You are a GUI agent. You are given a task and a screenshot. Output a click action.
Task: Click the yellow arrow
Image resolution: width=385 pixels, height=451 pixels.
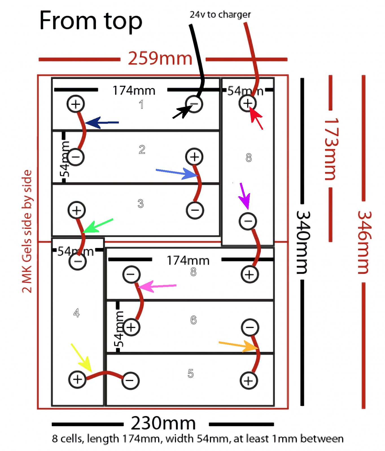coord(82,358)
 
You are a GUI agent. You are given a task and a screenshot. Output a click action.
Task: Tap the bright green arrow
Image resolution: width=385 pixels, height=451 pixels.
coord(97,225)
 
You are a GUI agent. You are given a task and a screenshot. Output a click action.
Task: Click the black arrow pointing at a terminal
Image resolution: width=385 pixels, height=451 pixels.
coord(182,112)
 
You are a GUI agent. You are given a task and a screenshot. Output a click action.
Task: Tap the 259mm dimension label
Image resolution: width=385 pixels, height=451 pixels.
coord(160,59)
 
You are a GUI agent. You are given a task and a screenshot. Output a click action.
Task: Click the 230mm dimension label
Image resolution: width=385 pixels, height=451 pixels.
coord(163,423)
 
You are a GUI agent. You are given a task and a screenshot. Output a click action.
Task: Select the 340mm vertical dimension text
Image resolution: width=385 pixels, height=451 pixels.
coord(303,242)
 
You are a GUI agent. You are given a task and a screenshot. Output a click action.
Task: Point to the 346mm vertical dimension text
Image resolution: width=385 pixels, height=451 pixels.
coord(364,242)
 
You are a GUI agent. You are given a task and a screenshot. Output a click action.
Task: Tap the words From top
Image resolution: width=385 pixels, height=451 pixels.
coord(91,21)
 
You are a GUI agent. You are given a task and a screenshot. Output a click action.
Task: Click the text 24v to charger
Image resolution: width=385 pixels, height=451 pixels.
coord(220,15)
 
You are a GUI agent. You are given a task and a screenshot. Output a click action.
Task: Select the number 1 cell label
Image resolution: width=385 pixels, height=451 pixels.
coord(141,105)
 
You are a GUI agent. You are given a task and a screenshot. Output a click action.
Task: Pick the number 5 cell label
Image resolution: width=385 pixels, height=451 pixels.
coord(191,373)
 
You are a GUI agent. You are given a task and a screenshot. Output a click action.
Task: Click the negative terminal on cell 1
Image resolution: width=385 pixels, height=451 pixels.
coord(194,104)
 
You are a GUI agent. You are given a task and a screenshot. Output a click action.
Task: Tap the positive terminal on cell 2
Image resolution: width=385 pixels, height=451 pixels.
coord(194,157)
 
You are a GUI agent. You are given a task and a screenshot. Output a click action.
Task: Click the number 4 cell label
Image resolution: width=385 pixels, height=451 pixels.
coord(76,313)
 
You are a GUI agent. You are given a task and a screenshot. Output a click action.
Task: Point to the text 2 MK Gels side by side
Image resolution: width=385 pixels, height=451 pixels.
coord(27,231)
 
